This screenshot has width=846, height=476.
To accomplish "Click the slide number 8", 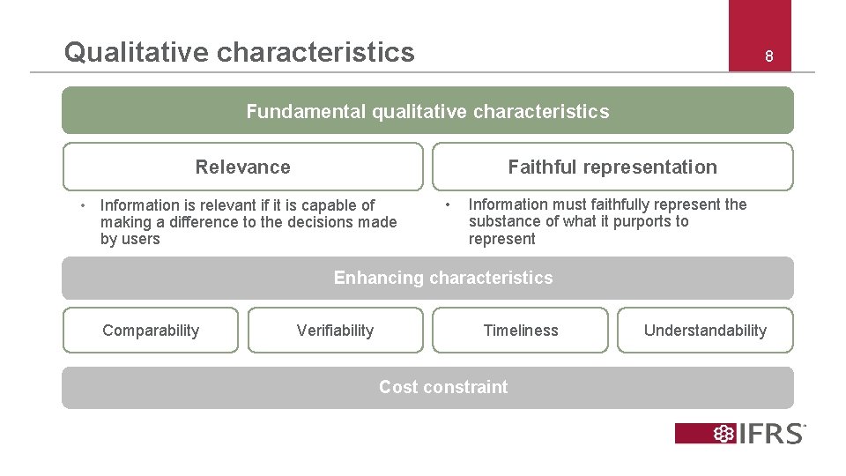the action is (x=768, y=56).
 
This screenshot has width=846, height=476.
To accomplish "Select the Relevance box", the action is (x=242, y=167).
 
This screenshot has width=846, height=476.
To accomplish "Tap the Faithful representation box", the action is (x=612, y=167).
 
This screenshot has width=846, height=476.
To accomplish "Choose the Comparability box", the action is (x=151, y=331).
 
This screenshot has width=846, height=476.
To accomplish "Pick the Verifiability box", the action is (x=335, y=331).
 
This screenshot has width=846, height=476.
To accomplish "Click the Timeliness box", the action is (x=521, y=331).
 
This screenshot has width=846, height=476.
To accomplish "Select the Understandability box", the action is (x=705, y=331).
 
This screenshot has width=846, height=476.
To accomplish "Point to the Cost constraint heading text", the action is (x=443, y=387).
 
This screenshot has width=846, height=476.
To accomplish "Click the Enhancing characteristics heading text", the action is (x=443, y=278).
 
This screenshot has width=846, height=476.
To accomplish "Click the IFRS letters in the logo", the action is (x=773, y=434).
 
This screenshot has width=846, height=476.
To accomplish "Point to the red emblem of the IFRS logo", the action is (x=724, y=434).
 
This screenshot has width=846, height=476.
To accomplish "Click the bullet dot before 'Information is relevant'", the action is (x=81, y=205).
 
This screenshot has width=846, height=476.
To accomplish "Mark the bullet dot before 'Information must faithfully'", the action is (x=448, y=205).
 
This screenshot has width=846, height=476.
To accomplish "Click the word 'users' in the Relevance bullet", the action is (x=142, y=239).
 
